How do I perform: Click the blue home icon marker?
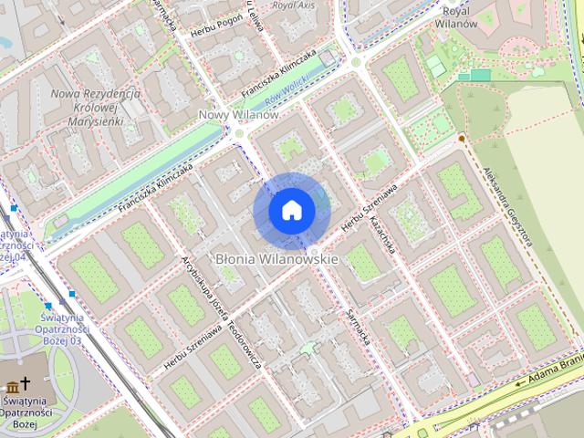[291, 211]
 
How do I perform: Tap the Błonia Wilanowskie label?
[277, 259]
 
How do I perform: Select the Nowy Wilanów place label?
[238, 115]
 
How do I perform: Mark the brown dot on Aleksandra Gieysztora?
[462, 138]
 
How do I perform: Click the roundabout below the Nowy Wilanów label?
[239, 133]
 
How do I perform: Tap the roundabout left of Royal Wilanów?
[355, 61]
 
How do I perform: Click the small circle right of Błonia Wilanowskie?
[315, 250]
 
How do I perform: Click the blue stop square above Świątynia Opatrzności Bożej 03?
[47, 305]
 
